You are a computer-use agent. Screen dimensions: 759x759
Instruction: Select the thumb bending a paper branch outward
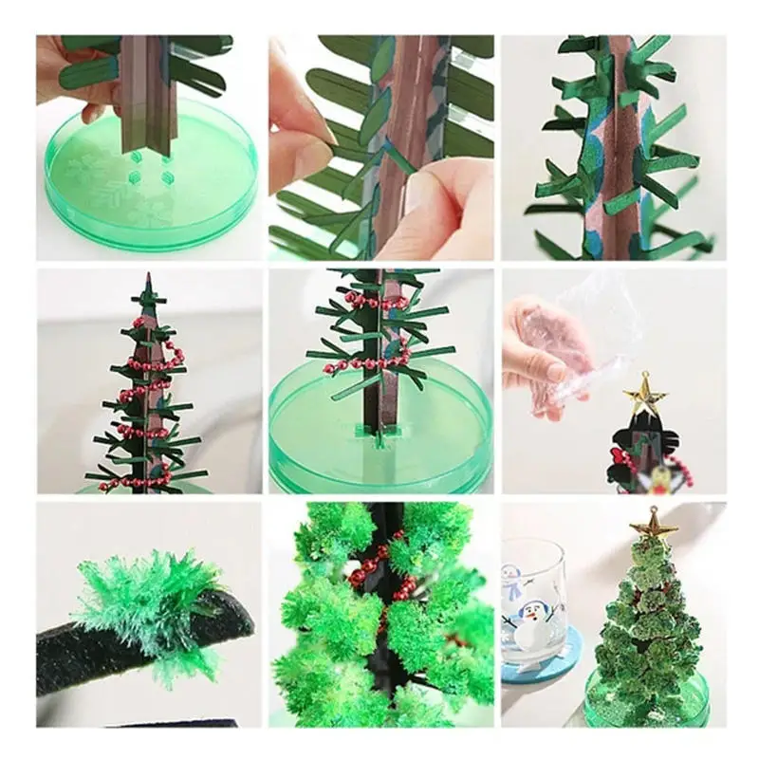(299, 142)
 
